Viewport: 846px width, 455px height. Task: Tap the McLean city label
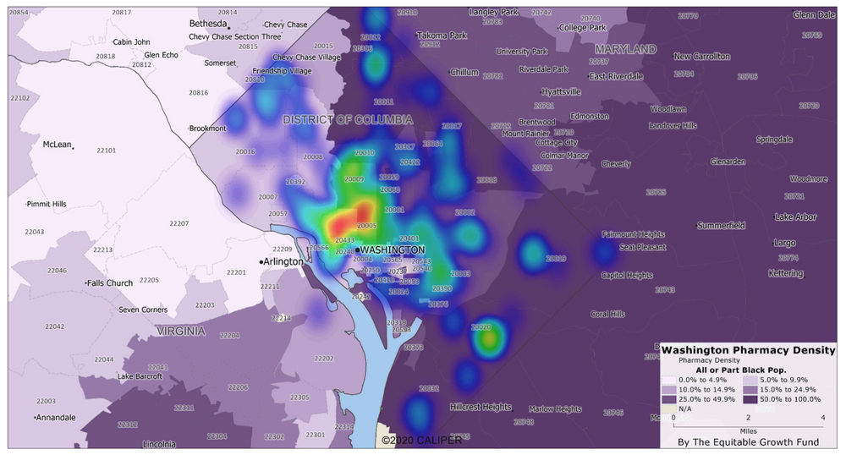coord(57,145)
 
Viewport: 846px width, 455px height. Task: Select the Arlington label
coord(283,261)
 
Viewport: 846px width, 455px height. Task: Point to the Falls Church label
coord(110,282)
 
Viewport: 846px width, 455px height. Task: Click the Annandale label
coord(57,418)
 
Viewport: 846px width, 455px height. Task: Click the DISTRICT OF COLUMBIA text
coord(348,119)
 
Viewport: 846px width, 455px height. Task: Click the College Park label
coord(584,28)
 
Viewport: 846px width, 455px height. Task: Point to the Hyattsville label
coord(561,91)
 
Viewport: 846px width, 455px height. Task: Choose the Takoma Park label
coord(442,36)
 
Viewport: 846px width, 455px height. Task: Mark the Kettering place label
coord(785,273)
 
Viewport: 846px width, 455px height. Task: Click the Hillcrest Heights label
coord(481,407)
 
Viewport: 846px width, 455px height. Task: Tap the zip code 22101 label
coord(106,151)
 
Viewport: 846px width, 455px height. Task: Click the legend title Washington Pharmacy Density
coord(748,349)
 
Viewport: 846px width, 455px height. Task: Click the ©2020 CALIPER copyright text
coord(420,440)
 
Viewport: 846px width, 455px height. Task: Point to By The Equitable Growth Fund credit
coord(748,441)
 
